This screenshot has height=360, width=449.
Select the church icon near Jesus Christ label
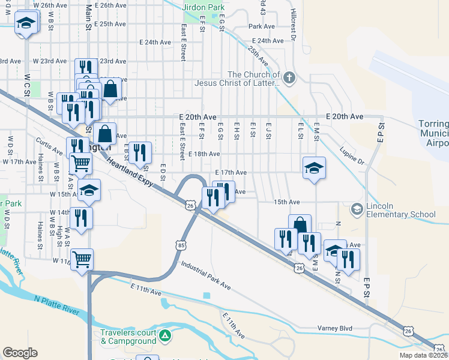tap(289, 77)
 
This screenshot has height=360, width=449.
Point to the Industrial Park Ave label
tap(205, 275)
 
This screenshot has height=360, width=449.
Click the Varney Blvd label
tap(334, 328)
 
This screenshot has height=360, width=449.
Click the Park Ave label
tap(262, 26)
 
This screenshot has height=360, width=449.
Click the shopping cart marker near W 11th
tap(82, 260)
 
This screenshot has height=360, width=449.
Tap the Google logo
tap(20, 353)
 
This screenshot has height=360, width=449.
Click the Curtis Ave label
tap(50, 146)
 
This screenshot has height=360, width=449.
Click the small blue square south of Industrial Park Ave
tap(207, 295)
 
